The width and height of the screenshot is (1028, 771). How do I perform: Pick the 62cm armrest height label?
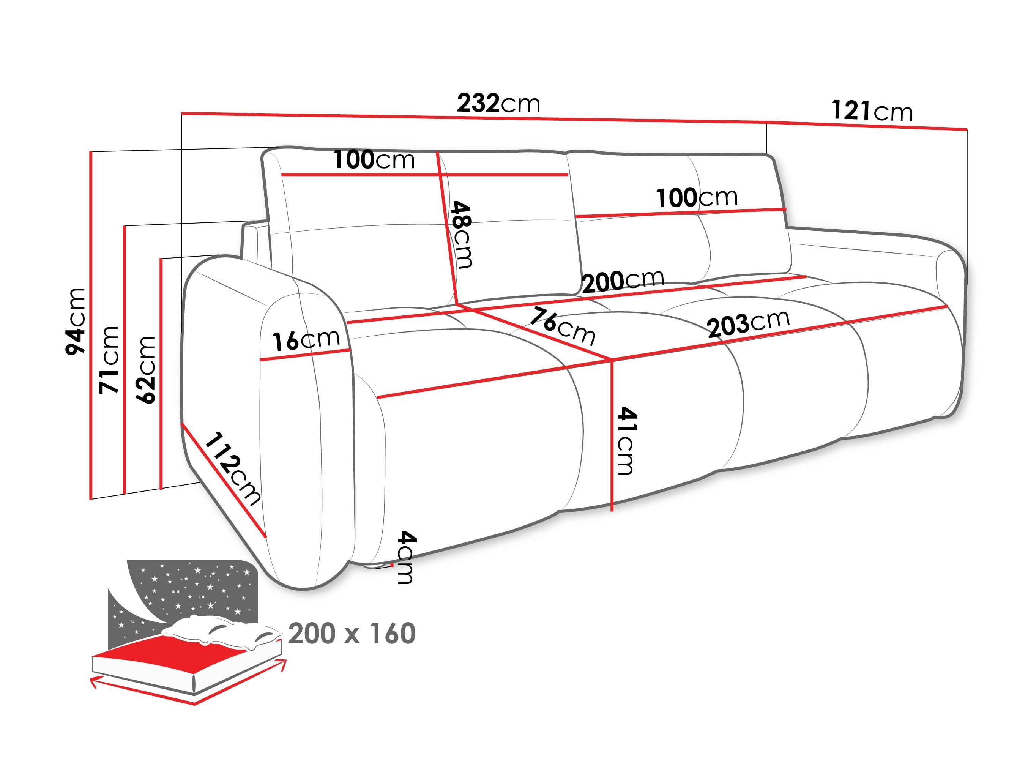point(145,369)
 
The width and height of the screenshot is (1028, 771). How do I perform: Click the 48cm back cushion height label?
point(462,235)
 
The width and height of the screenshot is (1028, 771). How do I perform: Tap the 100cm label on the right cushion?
point(696,197)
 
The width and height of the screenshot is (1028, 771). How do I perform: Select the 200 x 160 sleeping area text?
point(352,634)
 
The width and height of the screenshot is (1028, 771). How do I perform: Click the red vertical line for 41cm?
point(612,437)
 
